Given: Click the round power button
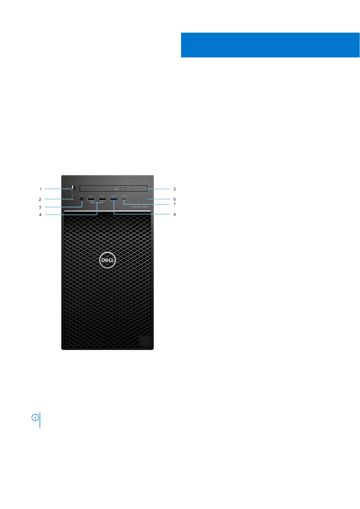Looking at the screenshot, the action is [73, 188].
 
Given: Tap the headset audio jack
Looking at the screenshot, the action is [82, 199].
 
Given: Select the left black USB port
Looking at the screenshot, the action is [91, 199].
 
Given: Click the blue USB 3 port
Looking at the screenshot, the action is [114, 199].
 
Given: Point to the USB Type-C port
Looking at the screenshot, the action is [124, 199].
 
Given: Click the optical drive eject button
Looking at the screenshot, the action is [123, 189].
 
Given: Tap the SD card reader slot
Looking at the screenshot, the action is [139, 199].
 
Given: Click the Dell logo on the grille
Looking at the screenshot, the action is [107, 260].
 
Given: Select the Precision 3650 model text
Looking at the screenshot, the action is [140, 207].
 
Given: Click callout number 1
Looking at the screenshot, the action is [41, 189].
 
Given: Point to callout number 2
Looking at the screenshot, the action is [40, 199].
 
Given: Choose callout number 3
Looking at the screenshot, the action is [40, 207].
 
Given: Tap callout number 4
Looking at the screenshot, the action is [40, 215].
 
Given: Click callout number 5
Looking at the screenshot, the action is [174, 189].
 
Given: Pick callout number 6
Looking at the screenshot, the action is [174, 199].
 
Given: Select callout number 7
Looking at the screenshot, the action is [174, 204].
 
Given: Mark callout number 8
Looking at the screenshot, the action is [174, 214].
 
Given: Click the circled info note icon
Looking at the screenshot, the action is [35, 418].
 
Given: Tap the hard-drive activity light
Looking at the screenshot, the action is [72, 199].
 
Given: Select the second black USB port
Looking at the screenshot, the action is [102, 199].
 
